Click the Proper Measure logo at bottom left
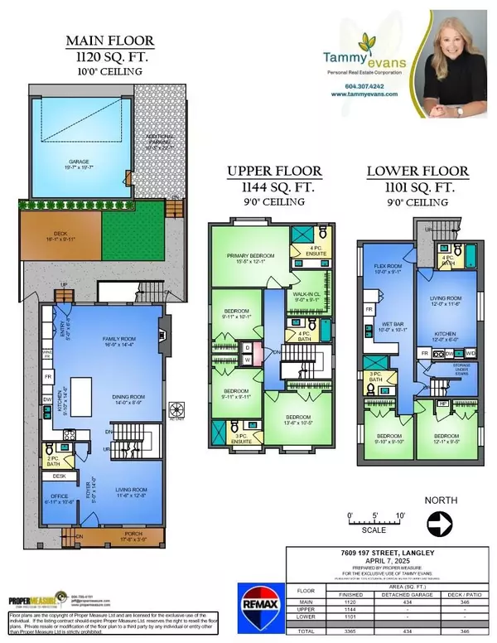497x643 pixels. pos(38,600)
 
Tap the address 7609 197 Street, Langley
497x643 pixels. pos(384,553)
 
